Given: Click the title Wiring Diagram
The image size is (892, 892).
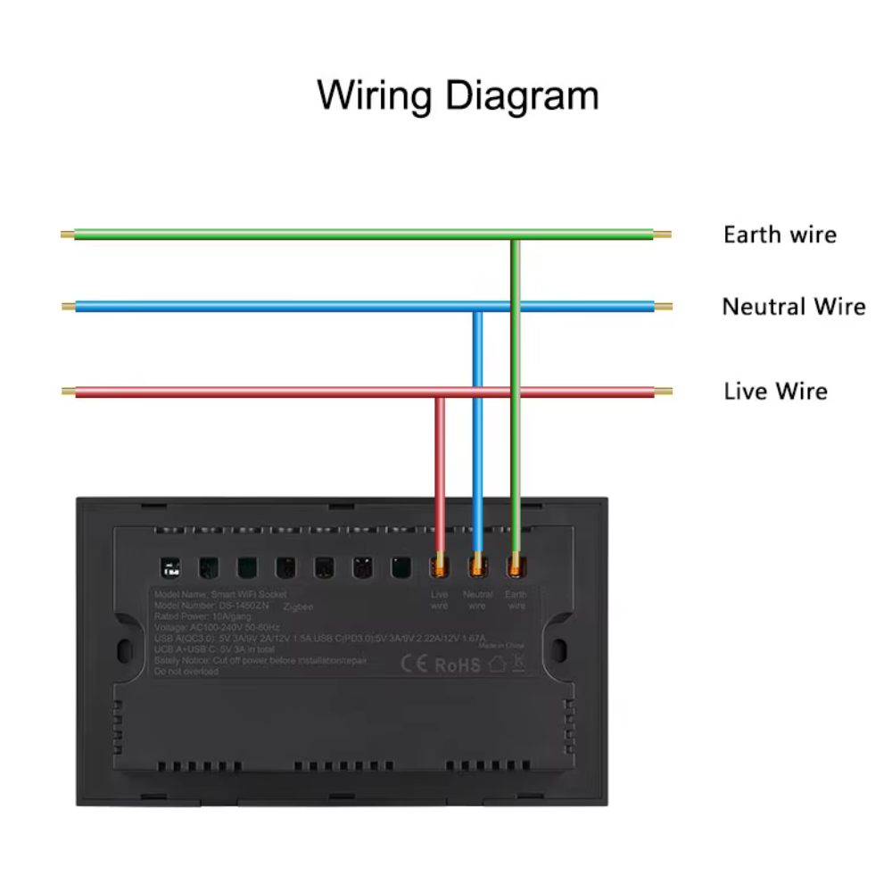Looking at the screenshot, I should click(x=458, y=95).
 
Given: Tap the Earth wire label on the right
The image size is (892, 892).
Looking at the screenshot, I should click(x=780, y=235).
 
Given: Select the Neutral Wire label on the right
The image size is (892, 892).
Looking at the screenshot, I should click(x=793, y=307).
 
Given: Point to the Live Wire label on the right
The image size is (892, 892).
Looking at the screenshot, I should click(x=775, y=392).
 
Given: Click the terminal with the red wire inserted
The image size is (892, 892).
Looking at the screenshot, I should click(x=439, y=566).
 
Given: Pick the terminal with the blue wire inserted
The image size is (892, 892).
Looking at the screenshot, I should click(x=477, y=566).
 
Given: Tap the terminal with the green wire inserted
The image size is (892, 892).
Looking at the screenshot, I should click(x=516, y=566).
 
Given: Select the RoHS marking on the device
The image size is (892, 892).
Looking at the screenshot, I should click(x=458, y=665).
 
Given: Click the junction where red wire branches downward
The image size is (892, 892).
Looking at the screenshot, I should click(x=439, y=392).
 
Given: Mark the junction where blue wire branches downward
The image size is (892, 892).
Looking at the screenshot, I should click(x=477, y=308).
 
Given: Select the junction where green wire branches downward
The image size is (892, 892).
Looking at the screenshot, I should click(x=516, y=236).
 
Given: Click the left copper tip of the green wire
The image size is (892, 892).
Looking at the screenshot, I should click(x=67, y=235).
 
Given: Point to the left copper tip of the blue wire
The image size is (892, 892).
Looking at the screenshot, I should click(x=68, y=307).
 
